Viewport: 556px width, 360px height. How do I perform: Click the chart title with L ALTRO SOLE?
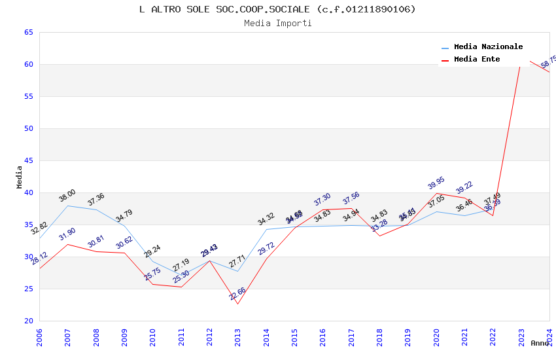point(277,9)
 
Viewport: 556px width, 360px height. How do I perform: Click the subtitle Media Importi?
point(277,23)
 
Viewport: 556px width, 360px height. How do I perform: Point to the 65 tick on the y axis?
point(28,32)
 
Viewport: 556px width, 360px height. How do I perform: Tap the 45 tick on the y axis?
point(28,160)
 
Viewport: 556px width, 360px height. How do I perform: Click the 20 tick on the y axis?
point(28,321)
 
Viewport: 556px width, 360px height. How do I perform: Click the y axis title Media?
point(19,177)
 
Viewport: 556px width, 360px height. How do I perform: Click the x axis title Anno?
point(540,343)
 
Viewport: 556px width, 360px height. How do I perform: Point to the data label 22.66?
point(237,294)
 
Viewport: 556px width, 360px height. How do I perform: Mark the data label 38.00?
point(67,195)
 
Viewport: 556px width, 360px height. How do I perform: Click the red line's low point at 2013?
point(237,304)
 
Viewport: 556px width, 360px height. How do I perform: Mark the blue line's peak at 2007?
point(67,206)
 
